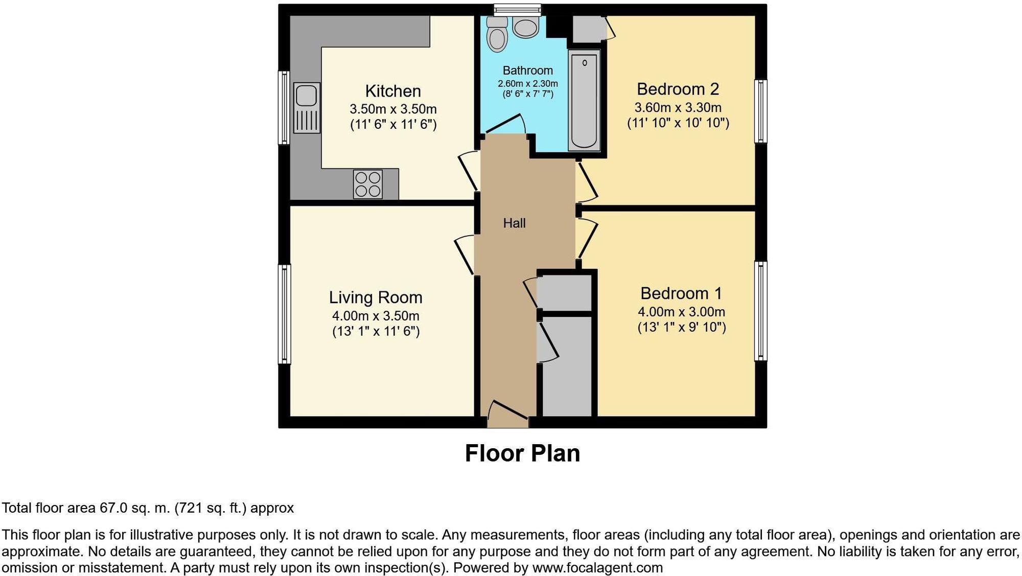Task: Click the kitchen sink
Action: pos(307,108)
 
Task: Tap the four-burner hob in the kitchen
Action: pos(367,184)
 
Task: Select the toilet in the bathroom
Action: pos(497,35)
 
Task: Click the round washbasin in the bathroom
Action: pos(525,27)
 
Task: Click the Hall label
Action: pos(514,223)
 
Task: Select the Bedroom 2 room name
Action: pos(678,89)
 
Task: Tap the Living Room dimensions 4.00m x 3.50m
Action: pos(376,316)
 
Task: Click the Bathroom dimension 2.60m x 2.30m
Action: pos(528,83)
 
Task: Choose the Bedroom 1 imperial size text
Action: pos(681,327)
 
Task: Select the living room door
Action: pos(464,254)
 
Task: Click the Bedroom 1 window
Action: pos(761,311)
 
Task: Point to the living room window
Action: pos(284,314)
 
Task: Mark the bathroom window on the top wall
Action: pos(517,8)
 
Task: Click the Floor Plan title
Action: pos(522,453)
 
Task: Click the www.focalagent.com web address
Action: pos(597,568)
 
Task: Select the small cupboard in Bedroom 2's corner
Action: pos(589,29)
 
